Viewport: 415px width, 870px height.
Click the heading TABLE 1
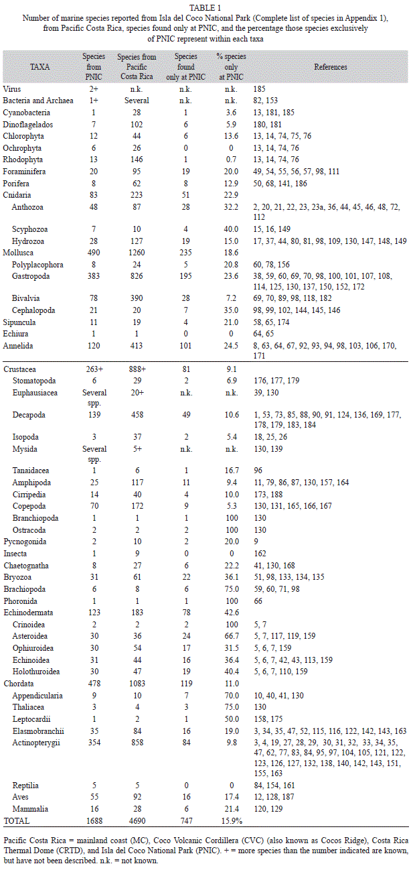coord(205,8)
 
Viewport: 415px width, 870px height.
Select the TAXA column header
coord(40,67)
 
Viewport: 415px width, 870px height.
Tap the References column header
coord(331,67)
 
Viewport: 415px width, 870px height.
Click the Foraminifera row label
coord(24,172)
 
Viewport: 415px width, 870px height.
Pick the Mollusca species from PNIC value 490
coord(94,253)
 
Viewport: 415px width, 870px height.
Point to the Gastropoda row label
coord(31,276)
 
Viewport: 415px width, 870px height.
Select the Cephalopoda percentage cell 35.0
coord(231,310)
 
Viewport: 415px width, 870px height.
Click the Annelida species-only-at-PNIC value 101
coord(185,345)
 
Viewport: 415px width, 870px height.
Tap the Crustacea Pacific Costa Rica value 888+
coord(137,369)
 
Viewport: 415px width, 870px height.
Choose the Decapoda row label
coord(29,415)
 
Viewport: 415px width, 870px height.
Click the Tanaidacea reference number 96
coord(258,471)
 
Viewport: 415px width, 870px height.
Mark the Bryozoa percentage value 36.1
coord(232,577)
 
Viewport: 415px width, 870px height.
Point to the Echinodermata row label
coord(28,613)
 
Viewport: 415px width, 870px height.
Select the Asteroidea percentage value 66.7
coord(232,636)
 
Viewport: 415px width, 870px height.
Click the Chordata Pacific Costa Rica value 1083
coord(137,683)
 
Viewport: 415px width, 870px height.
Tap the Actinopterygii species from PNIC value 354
coord(94,742)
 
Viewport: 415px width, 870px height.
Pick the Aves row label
coord(20,796)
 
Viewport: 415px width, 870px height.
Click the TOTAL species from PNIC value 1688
coord(94,820)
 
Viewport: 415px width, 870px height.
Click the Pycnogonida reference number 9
coord(256,542)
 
